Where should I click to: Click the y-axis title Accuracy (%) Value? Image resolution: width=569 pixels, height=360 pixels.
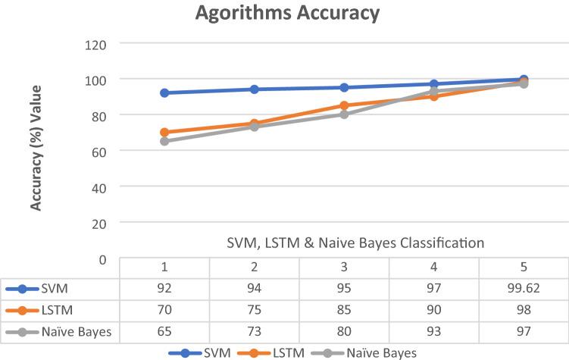(x=36, y=148)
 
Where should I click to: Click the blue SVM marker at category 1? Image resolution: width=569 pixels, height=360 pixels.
(x=164, y=92)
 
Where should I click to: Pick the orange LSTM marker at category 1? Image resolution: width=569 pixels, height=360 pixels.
(x=164, y=132)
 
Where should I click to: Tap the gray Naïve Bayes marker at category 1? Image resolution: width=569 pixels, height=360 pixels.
(x=164, y=141)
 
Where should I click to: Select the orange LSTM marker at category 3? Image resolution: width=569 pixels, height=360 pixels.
(x=344, y=105)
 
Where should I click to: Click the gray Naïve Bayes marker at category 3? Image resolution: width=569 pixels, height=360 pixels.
(x=344, y=114)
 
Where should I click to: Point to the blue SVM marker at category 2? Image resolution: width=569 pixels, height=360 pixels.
(x=255, y=89)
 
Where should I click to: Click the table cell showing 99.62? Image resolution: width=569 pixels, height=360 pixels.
(x=524, y=288)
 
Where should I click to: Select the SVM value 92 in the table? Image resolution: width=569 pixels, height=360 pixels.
(x=164, y=288)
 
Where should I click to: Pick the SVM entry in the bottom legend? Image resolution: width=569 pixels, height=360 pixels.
(x=216, y=352)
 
